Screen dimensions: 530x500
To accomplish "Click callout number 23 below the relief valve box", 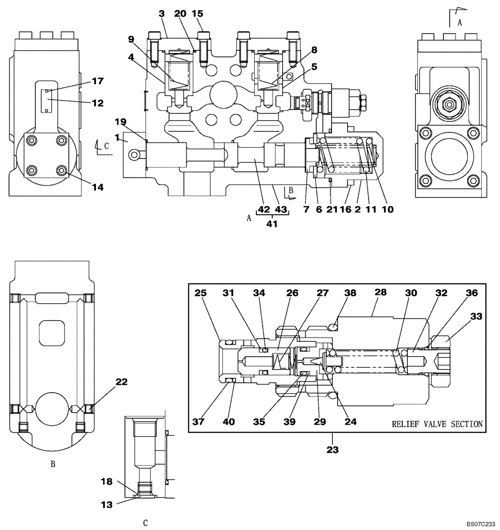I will click(332, 449).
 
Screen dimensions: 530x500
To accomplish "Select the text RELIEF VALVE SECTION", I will click(437, 424).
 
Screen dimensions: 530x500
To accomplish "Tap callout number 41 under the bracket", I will click(272, 224).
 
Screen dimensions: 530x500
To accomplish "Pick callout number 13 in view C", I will click(107, 505).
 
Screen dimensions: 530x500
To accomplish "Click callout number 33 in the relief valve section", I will click(476, 316).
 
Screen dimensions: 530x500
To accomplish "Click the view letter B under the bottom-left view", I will click(53, 464).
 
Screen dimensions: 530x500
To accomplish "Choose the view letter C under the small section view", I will click(145, 523).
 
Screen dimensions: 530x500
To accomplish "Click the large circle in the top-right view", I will click(450, 156).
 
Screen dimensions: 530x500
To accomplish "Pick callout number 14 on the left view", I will click(97, 187).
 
